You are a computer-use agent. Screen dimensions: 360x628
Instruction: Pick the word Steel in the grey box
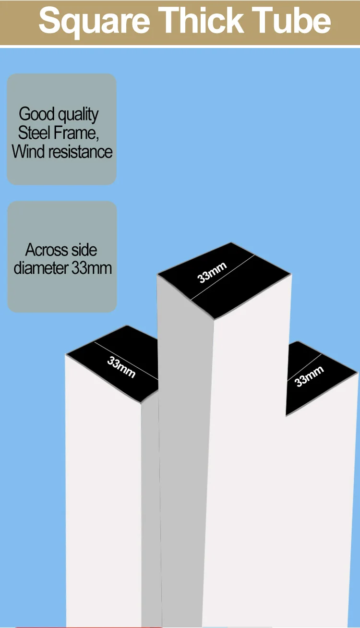point(34,133)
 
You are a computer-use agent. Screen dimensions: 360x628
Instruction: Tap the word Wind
point(27,152)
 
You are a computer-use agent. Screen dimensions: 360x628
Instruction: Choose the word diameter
point(41,268)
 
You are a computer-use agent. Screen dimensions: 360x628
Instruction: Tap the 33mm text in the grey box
point(91,268)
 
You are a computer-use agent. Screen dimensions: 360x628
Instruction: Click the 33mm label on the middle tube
point(212,272)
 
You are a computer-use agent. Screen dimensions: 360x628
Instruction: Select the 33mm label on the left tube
point(120,367)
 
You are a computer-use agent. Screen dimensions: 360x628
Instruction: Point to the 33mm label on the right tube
point(309,376)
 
